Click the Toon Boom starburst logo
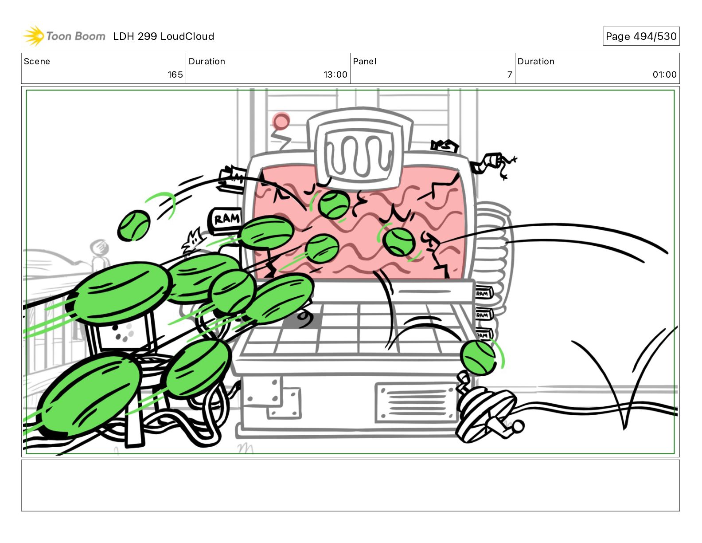click(x=34, y=35)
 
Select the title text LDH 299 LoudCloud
click(x=164, y=36)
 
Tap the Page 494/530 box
click(x=641, y=36)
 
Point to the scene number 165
click(x=175, y=75)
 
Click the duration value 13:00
click(x=335, y=75)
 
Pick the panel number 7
click(x=510, y=75)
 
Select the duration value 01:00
click(x=664, y=75)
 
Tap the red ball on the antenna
click(x=281, y=121)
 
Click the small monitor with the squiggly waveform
click(x=359, y=152)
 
